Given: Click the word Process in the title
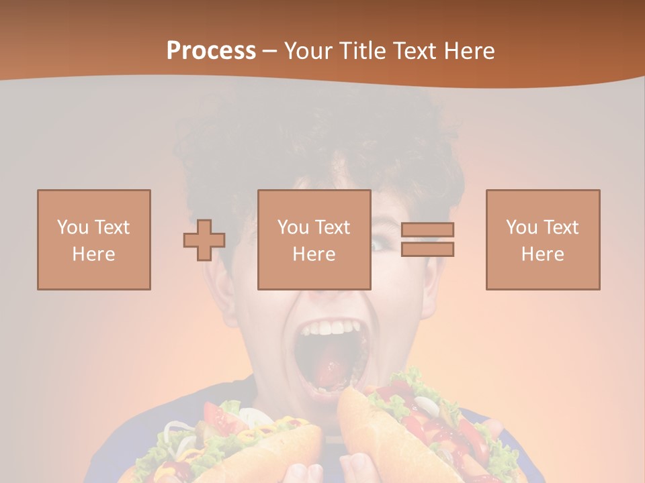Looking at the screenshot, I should click(x=211, y=51).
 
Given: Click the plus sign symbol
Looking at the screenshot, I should click(x=204, y=240).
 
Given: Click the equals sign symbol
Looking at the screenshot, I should click(x=427, y=239).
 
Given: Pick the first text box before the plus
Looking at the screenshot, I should click(x=94, y=239).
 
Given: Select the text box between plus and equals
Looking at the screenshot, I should click(x=314, y=239).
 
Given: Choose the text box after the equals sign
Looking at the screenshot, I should click(x=543, y=239).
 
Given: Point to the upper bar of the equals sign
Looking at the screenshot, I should click(x=427, y=230).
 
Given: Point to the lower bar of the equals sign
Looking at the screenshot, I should click(x=427, y=249).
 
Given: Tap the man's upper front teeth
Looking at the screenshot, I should click(x=331, y=329).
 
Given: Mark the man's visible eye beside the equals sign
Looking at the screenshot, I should click(x=380, y=246).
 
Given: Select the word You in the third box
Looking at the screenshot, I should click(x=521, y=227).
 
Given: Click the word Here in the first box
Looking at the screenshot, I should click(x=94, y=254).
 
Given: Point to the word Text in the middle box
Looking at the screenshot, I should click(x=333, y=227).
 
